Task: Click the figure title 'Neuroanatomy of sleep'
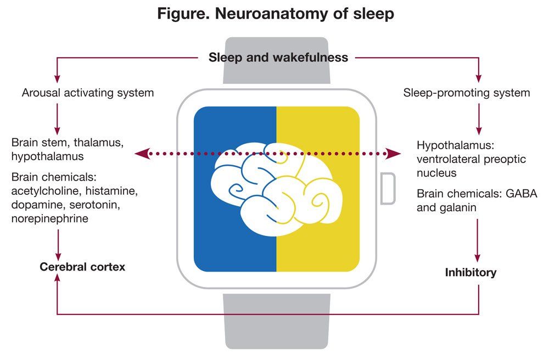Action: tap(276, 14)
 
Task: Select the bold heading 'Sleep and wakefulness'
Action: tap(278, 57)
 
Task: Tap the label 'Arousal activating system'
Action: tap(88, 93)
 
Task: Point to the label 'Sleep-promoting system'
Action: tap(467, 93)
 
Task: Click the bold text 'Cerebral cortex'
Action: tap(82, 267)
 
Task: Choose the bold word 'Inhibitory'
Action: tap(470, 272)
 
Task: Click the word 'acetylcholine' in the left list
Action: tap(44, 192)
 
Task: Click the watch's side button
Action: tap(388, 188)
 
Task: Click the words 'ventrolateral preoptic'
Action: tap(471, 159)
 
